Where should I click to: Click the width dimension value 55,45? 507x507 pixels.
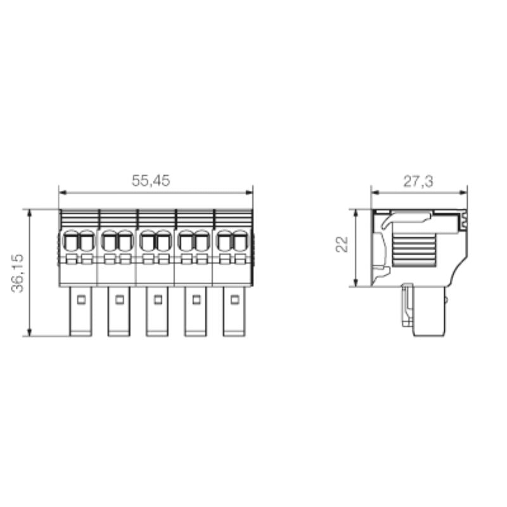coord(151,181)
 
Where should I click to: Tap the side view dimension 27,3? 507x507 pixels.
coord(418,181)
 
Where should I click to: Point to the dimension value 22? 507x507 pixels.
coord(343,245)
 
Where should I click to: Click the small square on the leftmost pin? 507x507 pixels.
coord(80,299)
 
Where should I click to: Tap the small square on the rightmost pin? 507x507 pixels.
coord(234,299)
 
